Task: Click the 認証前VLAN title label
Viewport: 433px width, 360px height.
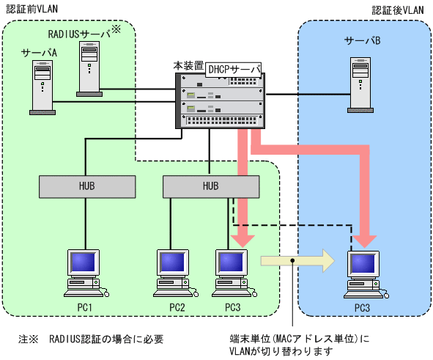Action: click(32, 9)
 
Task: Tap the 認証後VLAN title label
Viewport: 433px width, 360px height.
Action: click(398, 10)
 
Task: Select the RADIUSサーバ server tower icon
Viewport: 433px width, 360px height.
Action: click(89, 69)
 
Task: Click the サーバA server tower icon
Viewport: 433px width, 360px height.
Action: click(42, 87)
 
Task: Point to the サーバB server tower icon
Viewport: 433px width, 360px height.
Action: click(360, 85)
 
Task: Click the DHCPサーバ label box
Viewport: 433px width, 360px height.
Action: click(233, 70)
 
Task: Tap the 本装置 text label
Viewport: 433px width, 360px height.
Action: click(188, 66)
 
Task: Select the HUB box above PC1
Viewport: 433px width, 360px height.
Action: click(87, 186)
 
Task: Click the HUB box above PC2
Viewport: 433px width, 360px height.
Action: click(211, 186)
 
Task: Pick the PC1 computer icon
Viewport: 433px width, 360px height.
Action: click(85, 273)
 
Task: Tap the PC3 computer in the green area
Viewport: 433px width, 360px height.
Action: click(233, 273)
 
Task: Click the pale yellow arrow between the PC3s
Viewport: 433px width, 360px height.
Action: click(297, 260)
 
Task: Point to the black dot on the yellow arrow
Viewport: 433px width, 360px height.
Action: click(292, 260)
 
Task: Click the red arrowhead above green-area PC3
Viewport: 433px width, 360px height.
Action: click(243, 241)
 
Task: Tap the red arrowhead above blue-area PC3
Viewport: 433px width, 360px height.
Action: click(365, 241)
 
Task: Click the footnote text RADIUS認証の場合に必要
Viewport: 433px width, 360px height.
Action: click(106, 339)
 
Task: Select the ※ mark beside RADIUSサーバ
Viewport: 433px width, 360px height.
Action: click(116, 29)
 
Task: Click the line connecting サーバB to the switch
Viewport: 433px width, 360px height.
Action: click(308, 95)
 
